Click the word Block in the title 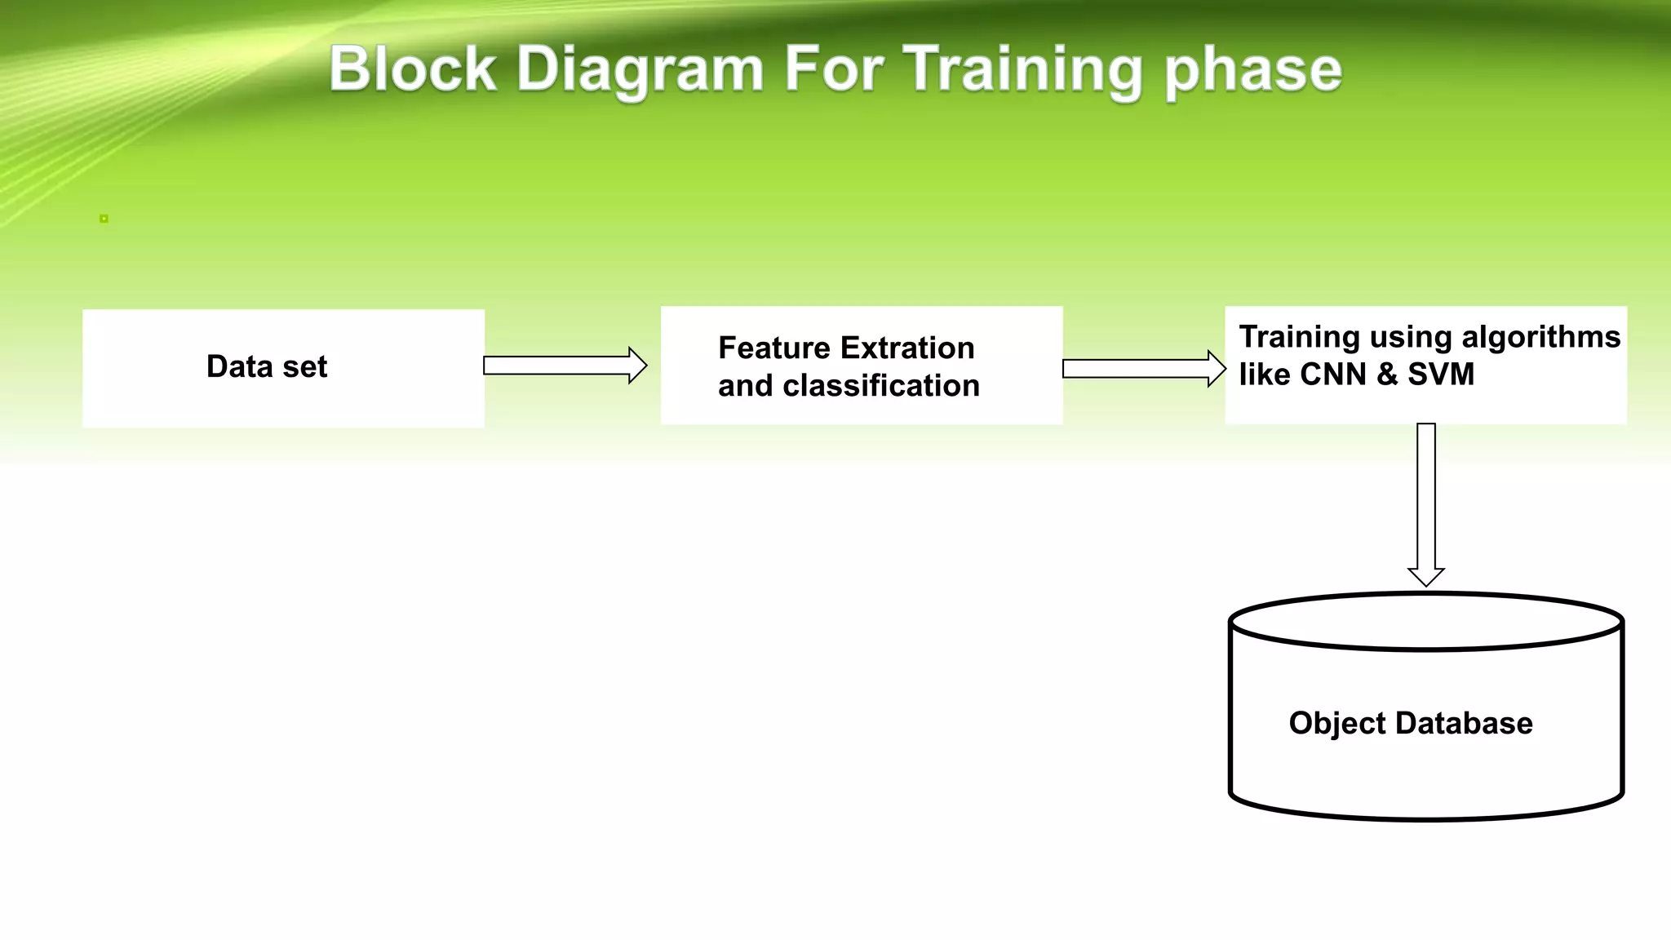click(412, 69)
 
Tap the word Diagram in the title click(639, 70)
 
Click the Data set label click(267, 366)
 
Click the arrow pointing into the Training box click(1143, 369)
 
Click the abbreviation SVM click(1441, 375)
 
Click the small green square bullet click(104, 219)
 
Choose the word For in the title click(833, 69)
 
